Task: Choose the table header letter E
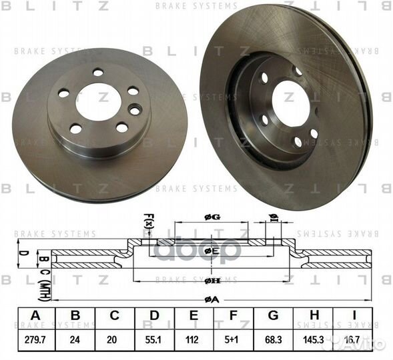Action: coord(193,316)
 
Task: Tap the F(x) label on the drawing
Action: coord(148,221)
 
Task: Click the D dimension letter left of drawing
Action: coord(21,253)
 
